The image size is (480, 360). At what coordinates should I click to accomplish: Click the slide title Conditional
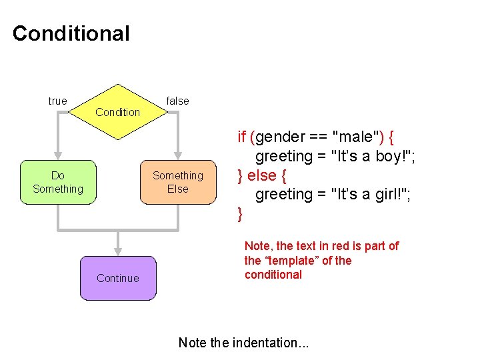pyautogui.click(x=71, y=33)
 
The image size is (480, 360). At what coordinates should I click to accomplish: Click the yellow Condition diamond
pyautogui.click(x=118, y=111)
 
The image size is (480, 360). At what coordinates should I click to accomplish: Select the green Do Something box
pyautogui.click(x=58, y=182)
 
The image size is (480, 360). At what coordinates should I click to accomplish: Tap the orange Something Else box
pyautogui.click(x=178, y=182)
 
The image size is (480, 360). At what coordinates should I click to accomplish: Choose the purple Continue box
pyautogui.click(x=118, y=278)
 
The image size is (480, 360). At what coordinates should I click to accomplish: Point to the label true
pyautogui.click(x=58, y=101)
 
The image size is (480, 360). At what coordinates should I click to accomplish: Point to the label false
pyautogui.click(x=177, y=101)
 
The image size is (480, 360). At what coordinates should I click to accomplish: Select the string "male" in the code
pyautogui.click(x=357, y=137)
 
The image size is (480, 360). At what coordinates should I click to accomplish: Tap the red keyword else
pyautogui.click(x=262, y=175)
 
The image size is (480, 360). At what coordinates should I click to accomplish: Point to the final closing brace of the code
pyautogui.click(x=240, y=215)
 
